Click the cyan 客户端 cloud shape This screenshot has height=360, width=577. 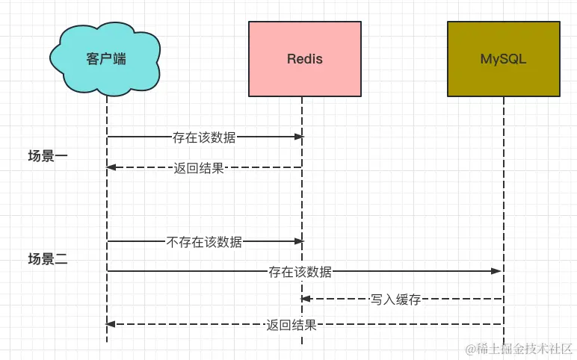click(x=105, y=59)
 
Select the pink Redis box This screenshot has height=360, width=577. click(x=305, y=59)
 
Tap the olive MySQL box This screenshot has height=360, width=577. click(x=504, y=59)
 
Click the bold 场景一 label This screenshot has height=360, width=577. click(x=48, y=156)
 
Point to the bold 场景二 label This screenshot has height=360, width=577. click(x=48, y=259)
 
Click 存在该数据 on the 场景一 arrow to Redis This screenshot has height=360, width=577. click(x=204, y=137)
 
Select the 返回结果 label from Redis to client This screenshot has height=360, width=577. click(x=199, y=168)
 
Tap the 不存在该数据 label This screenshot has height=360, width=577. click(x=204, y=242)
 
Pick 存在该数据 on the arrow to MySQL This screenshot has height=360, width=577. click(x=300, y=272)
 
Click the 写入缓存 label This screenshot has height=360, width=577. click(x=395, y=300)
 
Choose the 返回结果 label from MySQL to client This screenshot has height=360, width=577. click(x=291, y=325)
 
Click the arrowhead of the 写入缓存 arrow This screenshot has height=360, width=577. click(x=306, y=299)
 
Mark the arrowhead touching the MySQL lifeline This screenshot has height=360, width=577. click(x=496, y=271)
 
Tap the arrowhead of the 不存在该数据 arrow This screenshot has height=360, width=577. click(x=299, y=241)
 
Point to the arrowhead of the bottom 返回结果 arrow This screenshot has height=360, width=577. click(x=111, y=324)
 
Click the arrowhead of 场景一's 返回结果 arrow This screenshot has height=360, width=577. click(x=111, y=167)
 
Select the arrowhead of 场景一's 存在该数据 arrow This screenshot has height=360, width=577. click(x=299, y=137)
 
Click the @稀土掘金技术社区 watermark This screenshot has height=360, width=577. click(x=519, y=349)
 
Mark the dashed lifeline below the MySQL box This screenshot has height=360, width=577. click(x=504, y=220)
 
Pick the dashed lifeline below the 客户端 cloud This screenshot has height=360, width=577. click(x=107, y=219)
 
